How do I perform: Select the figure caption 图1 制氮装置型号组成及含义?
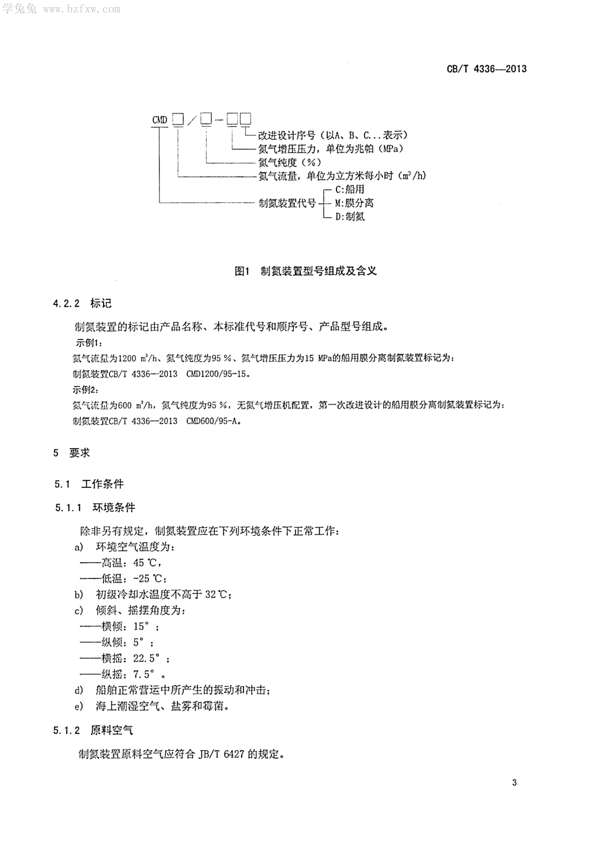click(x=306, y=271)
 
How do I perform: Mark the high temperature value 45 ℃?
click(x=146, y=563)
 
